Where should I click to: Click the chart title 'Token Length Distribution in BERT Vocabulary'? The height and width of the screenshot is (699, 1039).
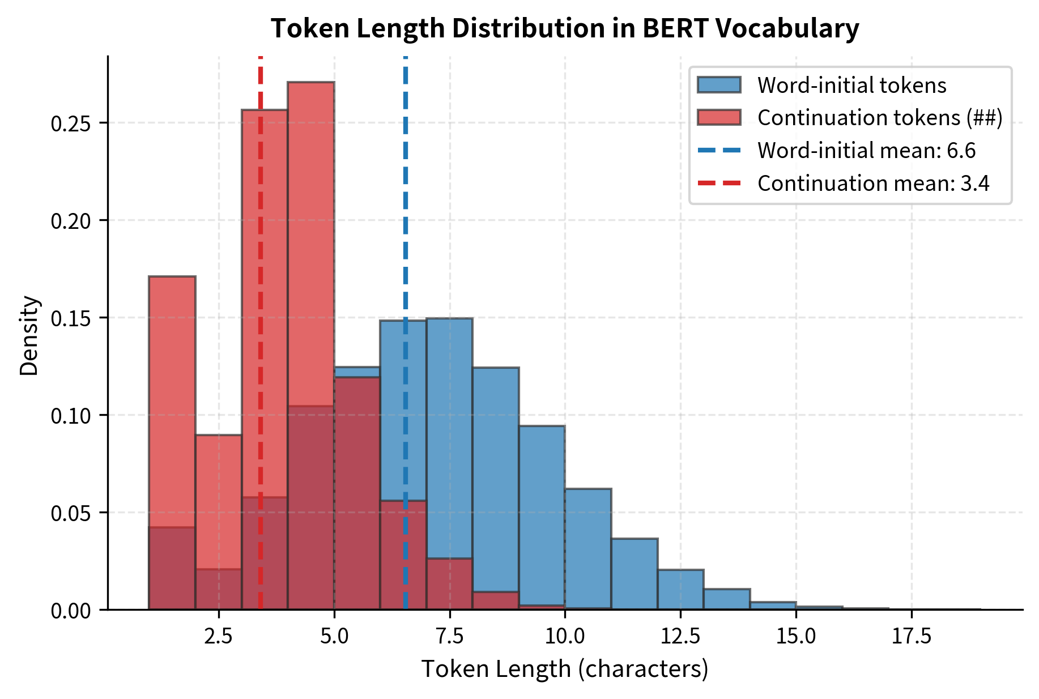pyautogui.click(x=564, y=28)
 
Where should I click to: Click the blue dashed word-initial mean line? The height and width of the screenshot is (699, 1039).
pyautogui.click(x=406, y=227)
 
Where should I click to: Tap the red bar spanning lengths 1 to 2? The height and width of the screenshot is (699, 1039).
pyautogui.click(x=172, y=397)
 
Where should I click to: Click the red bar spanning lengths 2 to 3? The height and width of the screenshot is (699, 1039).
pyautogui.click(x=219, y=498)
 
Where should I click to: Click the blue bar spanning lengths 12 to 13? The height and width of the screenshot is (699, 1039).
pyautogui.click(x=680, y=589)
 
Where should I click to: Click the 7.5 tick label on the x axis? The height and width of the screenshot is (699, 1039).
pyautogui.click(x=449, y=637)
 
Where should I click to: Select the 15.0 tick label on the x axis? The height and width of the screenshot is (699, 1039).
pyautogui.click(x=795, y=637)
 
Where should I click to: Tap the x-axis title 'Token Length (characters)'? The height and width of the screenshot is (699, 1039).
pyautogui.click(x=564, y=670)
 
